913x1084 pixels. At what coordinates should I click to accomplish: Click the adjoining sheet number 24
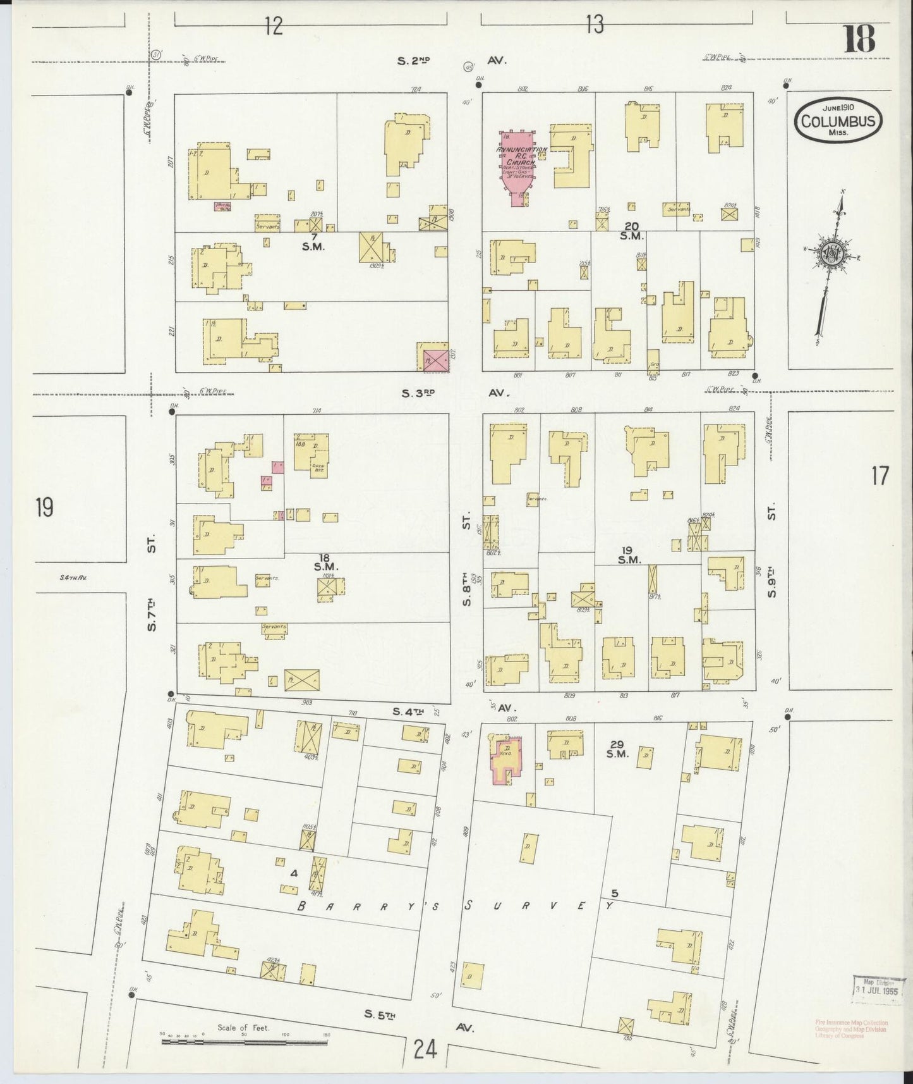pos(426,1050)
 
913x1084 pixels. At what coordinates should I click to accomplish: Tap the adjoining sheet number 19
pos(44,508)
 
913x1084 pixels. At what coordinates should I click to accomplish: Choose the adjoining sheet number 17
pos(879,476)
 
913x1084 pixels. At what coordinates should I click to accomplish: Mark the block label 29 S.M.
pos(617,749)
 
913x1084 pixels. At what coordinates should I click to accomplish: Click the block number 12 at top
pos(273,26)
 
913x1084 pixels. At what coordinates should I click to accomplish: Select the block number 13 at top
pos(594,25)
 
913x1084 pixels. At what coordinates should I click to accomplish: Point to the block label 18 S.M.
pos(325,562)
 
